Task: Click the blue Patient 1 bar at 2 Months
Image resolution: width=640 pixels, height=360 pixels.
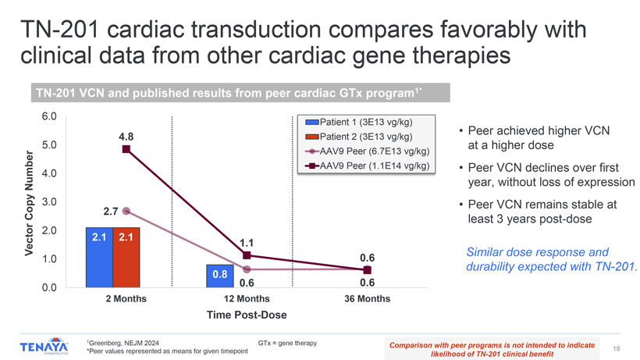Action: tap(99, 257)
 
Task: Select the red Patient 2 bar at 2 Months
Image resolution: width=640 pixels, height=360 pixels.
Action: tap(126, 257)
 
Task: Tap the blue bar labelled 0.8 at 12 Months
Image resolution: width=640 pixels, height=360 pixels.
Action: tap(220, 276)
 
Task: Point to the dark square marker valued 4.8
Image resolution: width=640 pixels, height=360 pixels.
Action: tap(126, 149)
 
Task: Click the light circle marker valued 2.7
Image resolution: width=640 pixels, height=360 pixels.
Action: tap(126, 211)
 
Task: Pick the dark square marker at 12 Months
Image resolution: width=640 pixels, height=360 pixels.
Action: tap(247, 255)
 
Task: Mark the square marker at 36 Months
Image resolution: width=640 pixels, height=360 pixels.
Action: tap(368, 269)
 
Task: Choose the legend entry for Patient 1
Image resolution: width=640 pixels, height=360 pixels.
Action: tap(359, 122)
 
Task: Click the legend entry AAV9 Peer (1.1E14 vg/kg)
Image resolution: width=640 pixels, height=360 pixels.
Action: tap(368, 166)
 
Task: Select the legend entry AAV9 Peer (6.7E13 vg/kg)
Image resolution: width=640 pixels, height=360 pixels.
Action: tap(368, 151)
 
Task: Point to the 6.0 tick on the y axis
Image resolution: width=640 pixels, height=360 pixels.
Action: tap(49, 116)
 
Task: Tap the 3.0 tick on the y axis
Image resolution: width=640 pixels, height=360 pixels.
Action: tap(49, 202)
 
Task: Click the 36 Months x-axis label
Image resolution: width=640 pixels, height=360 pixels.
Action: tap(368, 299)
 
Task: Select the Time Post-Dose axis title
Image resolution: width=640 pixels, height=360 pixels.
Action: tap(247, 315)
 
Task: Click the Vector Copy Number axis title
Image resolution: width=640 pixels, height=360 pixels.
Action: tap(29, 203)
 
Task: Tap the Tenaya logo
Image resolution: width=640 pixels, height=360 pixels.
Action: tap(44, 346)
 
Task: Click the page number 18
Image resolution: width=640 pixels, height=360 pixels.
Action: tap(617, 348)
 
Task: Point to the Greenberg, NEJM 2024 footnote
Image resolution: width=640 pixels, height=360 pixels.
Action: tap(123, 343)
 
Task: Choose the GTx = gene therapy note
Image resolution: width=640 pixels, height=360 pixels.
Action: tap(287, 343)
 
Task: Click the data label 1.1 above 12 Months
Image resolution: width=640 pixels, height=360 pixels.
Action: tap(247, 243)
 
